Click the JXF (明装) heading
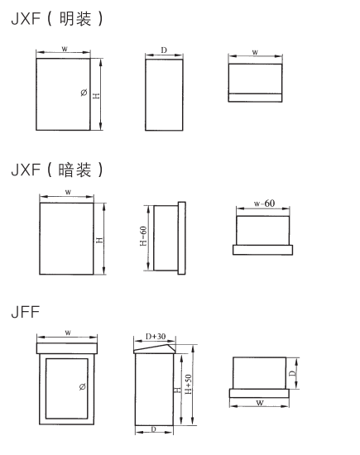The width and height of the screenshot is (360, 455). coord(57,19)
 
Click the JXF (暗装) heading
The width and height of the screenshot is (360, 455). coord(57,170)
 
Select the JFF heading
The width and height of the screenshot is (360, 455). coord(26,312)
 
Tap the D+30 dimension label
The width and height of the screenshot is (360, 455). coord(156,337)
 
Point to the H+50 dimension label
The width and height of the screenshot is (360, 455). coord(189,384)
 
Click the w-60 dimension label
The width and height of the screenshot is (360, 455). coord(264,204)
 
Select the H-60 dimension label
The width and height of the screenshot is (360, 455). coord(143,237)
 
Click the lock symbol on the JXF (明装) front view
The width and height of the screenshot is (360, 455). coord(84,93)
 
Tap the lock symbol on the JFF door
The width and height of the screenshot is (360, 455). coord(83,386)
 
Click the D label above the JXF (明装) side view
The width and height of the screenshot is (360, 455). coord(164,50)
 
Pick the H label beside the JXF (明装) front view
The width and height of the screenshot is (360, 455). coord(96,95)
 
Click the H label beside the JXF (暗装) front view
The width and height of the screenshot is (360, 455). coord(99,240)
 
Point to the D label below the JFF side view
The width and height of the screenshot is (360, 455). coord(154,429)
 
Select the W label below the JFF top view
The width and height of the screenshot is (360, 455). coord(260,403)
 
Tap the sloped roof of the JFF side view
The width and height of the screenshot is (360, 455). coord(155,348)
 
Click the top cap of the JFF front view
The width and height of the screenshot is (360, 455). coord(67,348)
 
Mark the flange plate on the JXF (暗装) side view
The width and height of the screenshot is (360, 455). coord(182,238)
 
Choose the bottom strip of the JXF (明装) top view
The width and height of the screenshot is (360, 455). coord(255,98)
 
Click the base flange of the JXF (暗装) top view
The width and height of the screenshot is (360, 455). coord(262,250)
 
